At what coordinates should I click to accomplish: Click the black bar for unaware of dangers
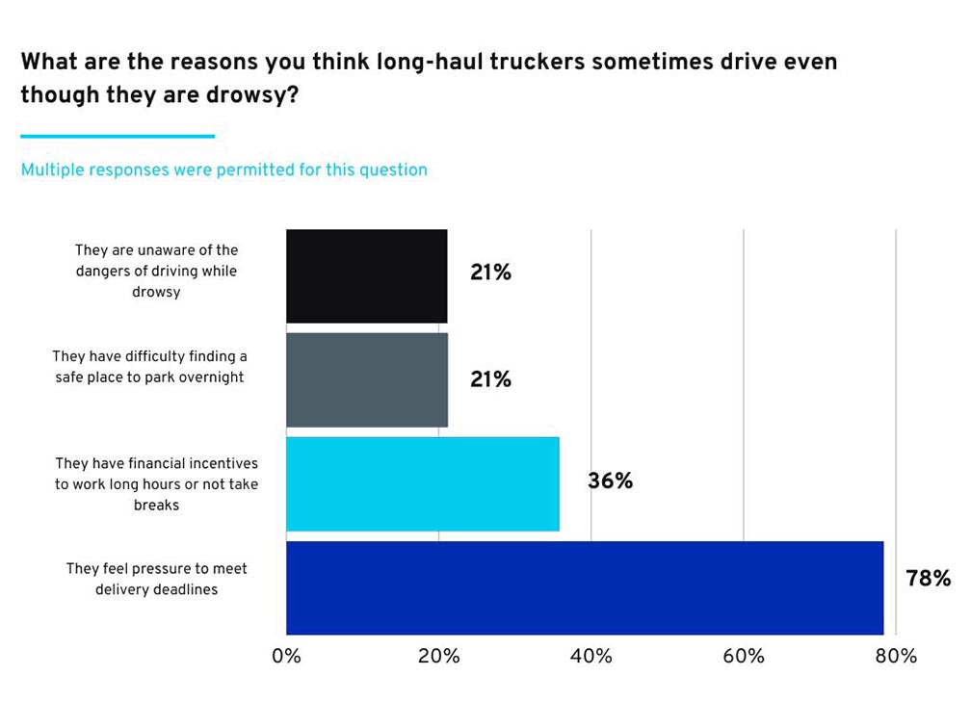click(366, 275)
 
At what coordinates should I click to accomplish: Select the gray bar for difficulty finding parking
click(366, 379)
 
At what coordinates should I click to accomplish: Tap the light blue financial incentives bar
click(422, 483)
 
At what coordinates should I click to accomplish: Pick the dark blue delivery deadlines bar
click(585, 587)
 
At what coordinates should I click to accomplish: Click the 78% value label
click(928, 579)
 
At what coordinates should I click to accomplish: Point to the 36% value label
click(610, 481)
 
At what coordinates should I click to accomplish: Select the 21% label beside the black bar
click(490, 273)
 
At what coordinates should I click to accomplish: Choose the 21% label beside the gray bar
click(490, 379)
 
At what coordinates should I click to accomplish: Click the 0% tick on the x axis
click(286, 657)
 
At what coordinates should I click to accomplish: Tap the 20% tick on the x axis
click(438, 657)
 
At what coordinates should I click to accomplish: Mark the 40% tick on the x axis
click(590, 657)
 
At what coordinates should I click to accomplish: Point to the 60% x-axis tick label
click(743, 657)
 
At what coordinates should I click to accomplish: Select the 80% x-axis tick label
click(896, 657)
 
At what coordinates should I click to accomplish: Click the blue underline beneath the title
click(118, 136)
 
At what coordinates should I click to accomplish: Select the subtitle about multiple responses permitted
click(223, 170)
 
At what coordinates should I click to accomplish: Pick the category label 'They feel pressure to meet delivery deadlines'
click(156, 579)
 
